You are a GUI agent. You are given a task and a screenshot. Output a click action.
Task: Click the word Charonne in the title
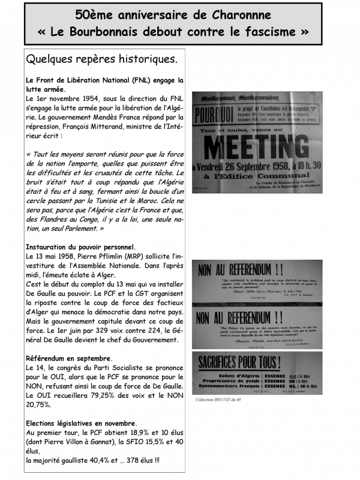(x=240, y=15)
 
